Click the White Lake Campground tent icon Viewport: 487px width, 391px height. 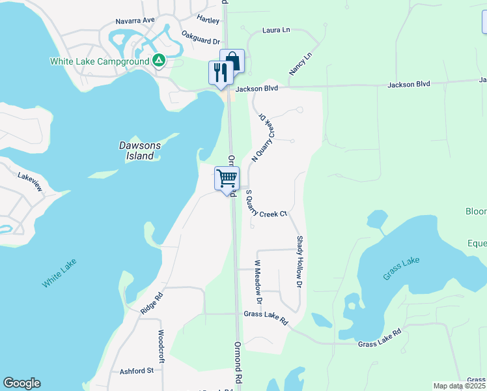coord(158,61)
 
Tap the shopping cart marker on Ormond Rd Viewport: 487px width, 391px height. coord(227,179)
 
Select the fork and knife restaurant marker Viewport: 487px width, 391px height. coord(219,72)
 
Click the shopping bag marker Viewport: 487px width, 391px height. coord(232,61)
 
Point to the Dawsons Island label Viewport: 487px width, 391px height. coord(139,151)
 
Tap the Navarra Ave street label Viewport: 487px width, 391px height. coord(135,21)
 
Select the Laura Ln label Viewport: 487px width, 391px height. coord(275,30)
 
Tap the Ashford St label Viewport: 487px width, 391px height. coord(136,371)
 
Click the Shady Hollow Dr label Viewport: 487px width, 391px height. coord(300,262)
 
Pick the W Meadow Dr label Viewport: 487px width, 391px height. coord(258,282)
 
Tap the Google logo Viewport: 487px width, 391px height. coord(21,383)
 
